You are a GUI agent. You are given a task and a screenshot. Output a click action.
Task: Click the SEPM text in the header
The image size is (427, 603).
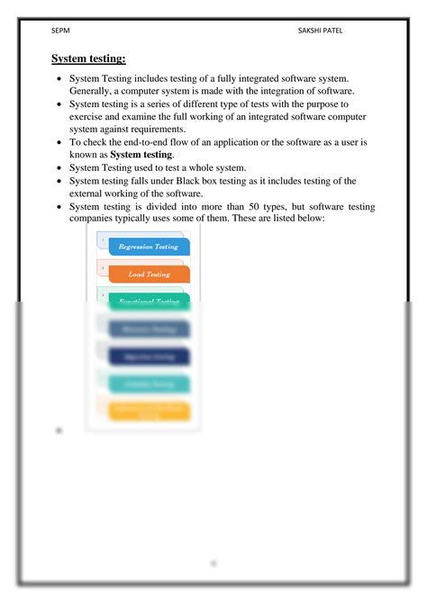[60, 31]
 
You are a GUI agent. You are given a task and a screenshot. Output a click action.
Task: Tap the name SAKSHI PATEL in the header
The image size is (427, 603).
[321, 31]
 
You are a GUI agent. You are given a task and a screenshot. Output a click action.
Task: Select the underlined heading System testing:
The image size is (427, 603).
[88, 59]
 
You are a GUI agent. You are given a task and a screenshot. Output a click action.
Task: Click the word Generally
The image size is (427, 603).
[92, 92]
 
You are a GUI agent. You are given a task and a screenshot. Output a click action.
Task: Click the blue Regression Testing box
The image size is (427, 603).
[148, 247]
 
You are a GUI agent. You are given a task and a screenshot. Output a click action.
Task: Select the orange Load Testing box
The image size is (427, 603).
[150, 274]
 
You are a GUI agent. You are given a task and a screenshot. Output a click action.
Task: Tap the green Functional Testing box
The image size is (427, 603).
[150, 301]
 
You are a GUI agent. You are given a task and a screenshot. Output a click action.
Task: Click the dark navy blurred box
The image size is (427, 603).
[150, 356]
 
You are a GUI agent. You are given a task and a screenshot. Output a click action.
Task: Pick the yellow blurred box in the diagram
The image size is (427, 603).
[150, 410]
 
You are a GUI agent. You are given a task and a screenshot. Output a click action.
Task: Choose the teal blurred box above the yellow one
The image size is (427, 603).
[150, 384]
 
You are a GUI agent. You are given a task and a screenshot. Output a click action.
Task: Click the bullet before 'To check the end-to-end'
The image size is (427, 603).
[59, 143]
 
